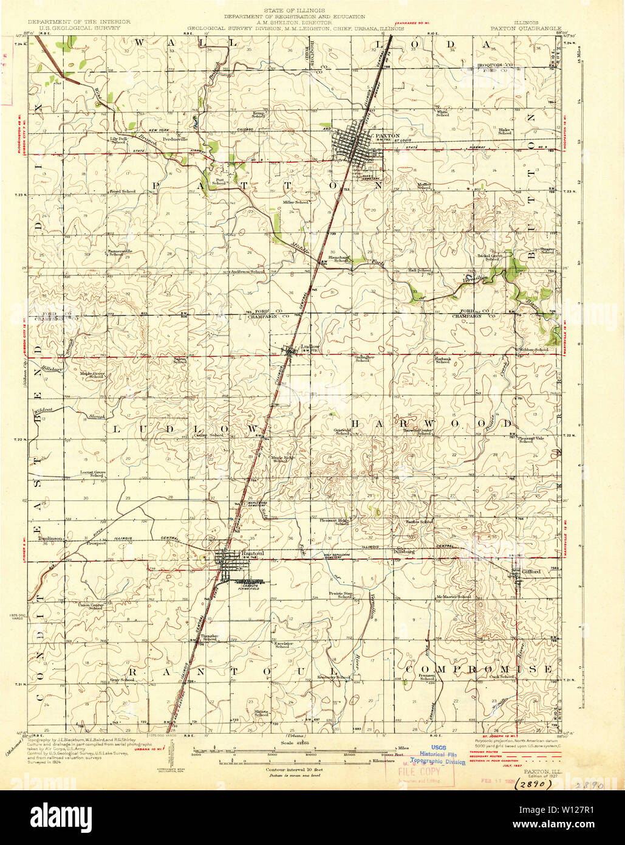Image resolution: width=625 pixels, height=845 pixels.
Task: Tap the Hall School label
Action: pos(419,271)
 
